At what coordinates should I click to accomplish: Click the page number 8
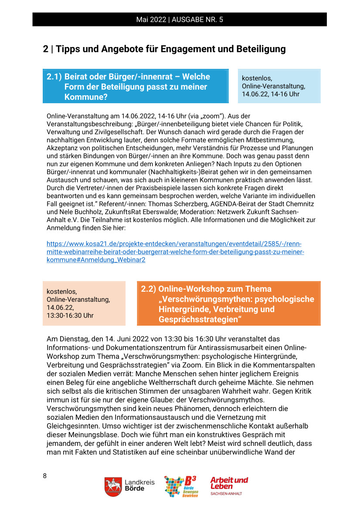pyautogui.click(x=44, y=475)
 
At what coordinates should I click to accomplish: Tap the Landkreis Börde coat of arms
pyautogui.click(x=113, y=486)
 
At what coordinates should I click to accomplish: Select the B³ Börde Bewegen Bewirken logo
pyautogui.click(x=181, y=486)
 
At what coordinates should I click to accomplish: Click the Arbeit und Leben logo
pyautogui.click(x=229, y=485)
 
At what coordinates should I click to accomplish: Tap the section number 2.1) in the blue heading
pyautogui.click(x=54, y=77)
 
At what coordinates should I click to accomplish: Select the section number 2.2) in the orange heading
pyautogui.click(x=149, y=289)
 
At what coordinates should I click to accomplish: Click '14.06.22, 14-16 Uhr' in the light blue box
pyautogui.click(x=271, y=94)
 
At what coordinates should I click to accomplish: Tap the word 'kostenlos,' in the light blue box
pyautogui.click(x=257, y=78)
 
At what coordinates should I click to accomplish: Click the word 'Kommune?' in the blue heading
pyautogui.click(x=86, y=97)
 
